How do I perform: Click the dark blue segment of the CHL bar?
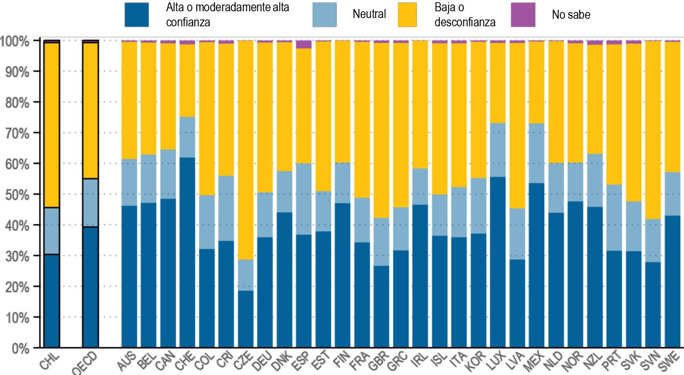click(52, 301)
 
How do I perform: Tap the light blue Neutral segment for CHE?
click(187, 137)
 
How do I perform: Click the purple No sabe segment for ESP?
click(303, 44)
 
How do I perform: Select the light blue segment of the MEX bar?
click(536, 153)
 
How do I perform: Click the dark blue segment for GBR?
click(381, 306)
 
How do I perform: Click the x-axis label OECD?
click(85, 363)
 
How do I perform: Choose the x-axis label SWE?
click(669, 361)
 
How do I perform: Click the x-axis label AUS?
click(126, 361)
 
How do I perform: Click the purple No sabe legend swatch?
click(523, 15)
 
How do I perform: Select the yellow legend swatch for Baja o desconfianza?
click(407, 15)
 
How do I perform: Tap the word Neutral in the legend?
click(369, 14)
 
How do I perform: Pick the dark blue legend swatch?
click(136, 15)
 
